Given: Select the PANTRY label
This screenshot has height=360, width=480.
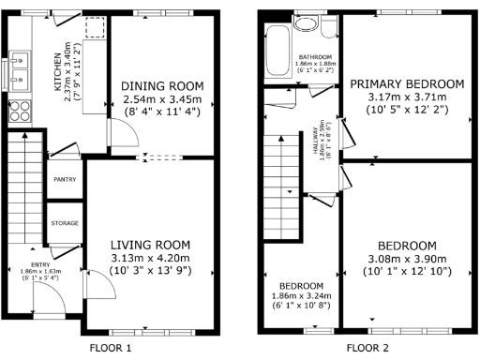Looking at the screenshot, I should (65, 178).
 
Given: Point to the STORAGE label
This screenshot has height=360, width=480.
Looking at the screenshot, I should (65, 223).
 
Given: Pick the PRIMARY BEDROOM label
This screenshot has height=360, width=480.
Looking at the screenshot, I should (407, 84).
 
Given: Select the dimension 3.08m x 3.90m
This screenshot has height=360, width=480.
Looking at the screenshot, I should (408, 259).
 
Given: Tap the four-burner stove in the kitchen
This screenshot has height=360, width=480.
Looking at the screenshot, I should (19, 112).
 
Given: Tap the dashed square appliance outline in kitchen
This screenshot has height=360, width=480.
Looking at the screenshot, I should (95, 31).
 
